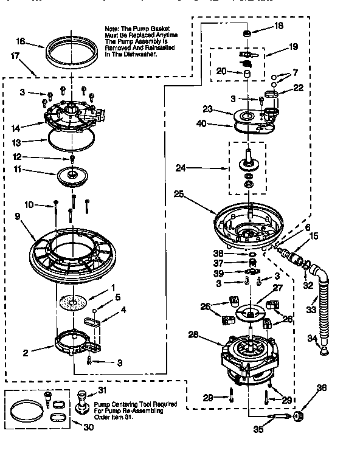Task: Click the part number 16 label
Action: (21, 41)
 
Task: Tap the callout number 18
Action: (279, 26)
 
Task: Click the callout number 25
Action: (178, 195)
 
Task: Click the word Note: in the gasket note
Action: (112, 29)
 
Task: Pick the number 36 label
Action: (322, 387)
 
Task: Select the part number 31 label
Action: (102, 390)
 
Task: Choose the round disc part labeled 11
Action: (73, 177)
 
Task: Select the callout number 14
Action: (16, 128)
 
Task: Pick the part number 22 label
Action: (298, 88)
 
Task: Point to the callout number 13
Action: (18, 142)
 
